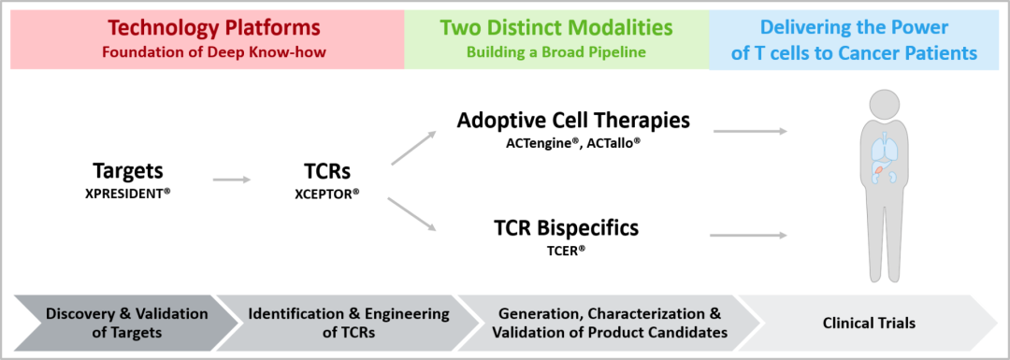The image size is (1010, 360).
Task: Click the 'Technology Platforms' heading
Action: click(x=213, y=28)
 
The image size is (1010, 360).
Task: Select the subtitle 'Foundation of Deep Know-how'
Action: click(x=213, y=52)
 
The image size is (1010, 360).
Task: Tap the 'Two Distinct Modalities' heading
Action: click(x=556, y=28)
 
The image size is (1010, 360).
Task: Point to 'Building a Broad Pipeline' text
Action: click(x=556, y=52)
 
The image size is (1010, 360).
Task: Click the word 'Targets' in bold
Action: click(x=127, y=171)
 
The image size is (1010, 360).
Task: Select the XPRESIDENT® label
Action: click(x=127, y=193)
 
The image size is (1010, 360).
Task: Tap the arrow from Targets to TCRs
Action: click(x=232, y=180)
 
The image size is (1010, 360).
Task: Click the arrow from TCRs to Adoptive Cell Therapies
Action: click(x=413, y=148)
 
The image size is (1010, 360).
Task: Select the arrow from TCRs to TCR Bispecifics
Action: click(x=413, y=213)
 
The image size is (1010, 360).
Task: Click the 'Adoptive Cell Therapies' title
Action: click(x=573, y=121)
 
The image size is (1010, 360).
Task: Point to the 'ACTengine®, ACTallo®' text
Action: click(x=573, y=144)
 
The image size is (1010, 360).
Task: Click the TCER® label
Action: click(x=566, y=250)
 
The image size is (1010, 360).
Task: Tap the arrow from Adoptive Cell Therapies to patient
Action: click(x=750, y=131)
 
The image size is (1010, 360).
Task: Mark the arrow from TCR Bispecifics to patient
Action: click(x=748, y=236)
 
